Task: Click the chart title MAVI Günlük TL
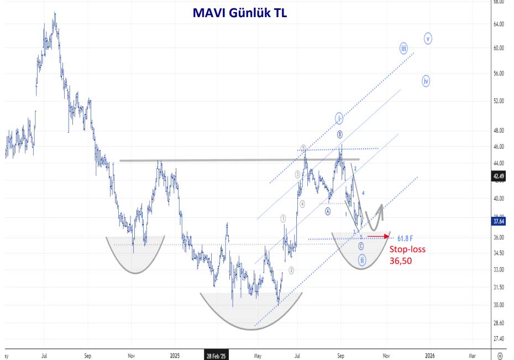click(x=239, y=13)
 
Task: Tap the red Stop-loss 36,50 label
click(x=408, y=254)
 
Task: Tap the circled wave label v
click(x=428, y=38)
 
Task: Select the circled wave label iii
click(x=403, y=48)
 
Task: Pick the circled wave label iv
click(x=426, y=81)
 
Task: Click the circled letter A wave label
click(x=328, y=211)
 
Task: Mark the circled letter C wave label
click(x=361, y=246)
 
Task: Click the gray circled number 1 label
click(x=284, y=218)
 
